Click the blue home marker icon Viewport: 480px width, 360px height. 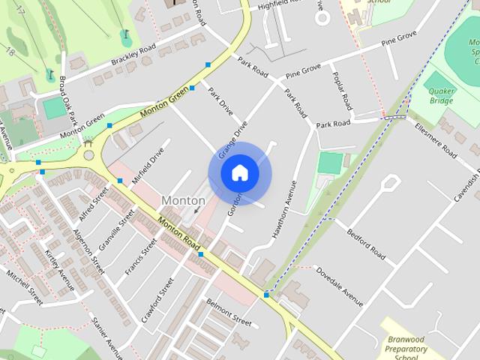click(x=239, y=172)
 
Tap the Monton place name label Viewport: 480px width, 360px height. click(x=183, y=201)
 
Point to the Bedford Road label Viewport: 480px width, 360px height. click(x=366, y=246)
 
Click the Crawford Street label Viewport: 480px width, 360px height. click(x=157, y=300)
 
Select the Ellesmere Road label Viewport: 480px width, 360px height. click(x=435, y=140)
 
